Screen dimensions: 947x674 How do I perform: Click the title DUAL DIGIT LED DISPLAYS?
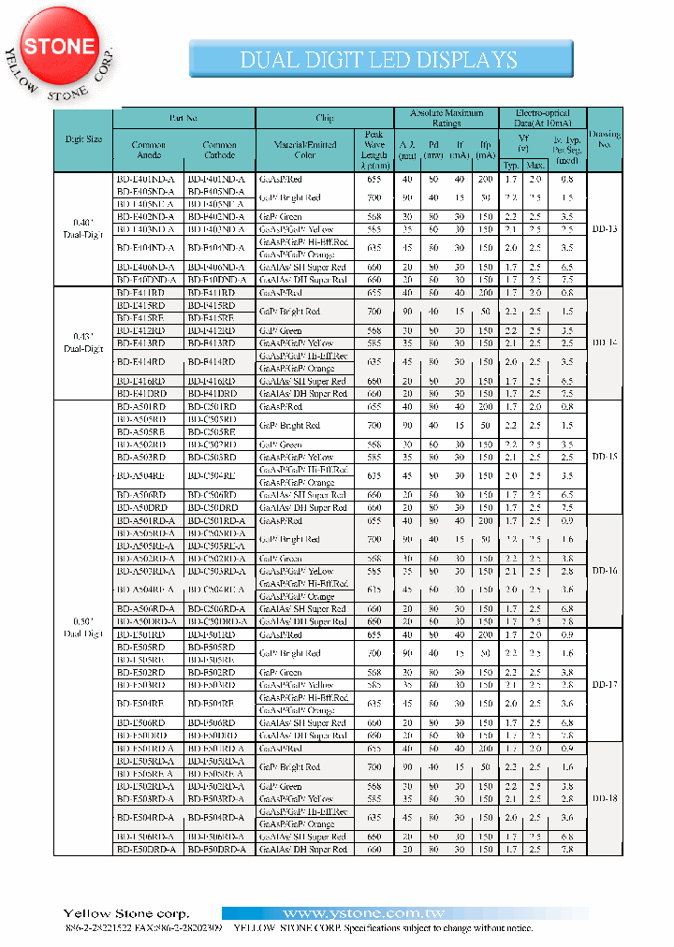pos(378,60)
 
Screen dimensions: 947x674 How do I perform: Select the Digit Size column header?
pos(83,139)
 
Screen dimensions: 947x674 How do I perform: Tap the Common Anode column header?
pos(149,150)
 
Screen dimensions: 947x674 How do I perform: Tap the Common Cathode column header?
pos(219,150)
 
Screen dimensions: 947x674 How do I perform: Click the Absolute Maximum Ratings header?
pos(447,118)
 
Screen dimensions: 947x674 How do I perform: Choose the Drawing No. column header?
pos(604,139)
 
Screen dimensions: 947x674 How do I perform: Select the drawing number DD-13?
pos(604,229)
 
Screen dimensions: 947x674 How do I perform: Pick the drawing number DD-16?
pos(604,570)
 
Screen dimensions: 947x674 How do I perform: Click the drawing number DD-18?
pos(604,798)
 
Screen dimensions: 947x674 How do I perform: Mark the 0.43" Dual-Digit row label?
pos(83,342)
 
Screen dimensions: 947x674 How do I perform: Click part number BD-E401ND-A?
pos(148,179)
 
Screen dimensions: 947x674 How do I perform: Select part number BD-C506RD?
pos(218,495)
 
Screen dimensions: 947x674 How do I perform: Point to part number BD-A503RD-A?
pos(148,571)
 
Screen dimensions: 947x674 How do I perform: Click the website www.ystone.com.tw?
pos(362,913)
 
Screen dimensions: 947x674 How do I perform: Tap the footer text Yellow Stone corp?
pos(125,913)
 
